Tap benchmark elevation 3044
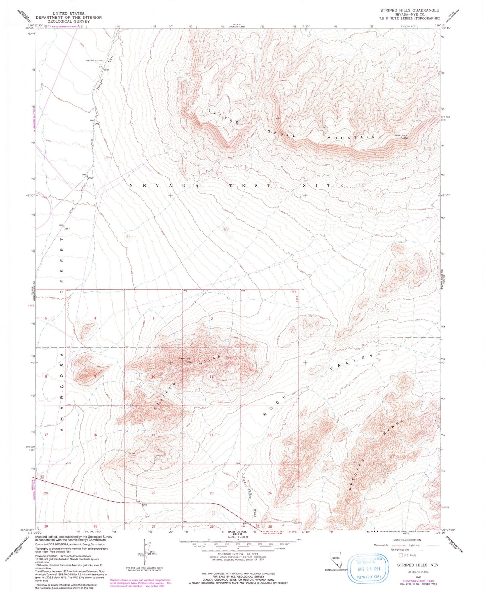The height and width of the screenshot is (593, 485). click(105, 69)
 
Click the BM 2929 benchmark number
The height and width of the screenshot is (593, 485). click(90, 178)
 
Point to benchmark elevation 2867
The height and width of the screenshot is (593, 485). click(67, 228)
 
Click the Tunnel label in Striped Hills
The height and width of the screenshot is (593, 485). click(132, 453)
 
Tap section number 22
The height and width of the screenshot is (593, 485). click(153, 493)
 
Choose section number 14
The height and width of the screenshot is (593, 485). click(211, 435)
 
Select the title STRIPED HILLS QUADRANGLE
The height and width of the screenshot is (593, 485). click(409, 10)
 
